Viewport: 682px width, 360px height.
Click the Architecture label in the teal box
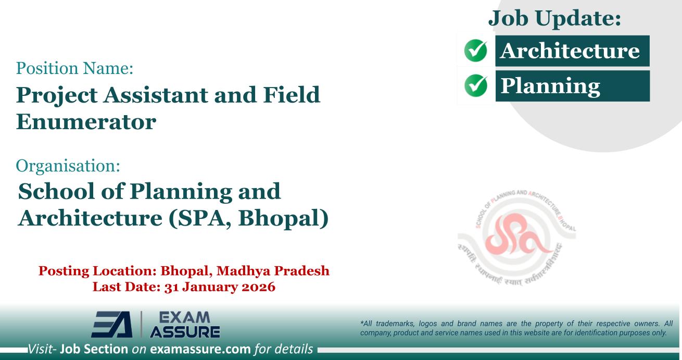point(571,51)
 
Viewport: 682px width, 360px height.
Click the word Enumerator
point(86,121)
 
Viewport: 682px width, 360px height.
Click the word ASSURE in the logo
point(185,332)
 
